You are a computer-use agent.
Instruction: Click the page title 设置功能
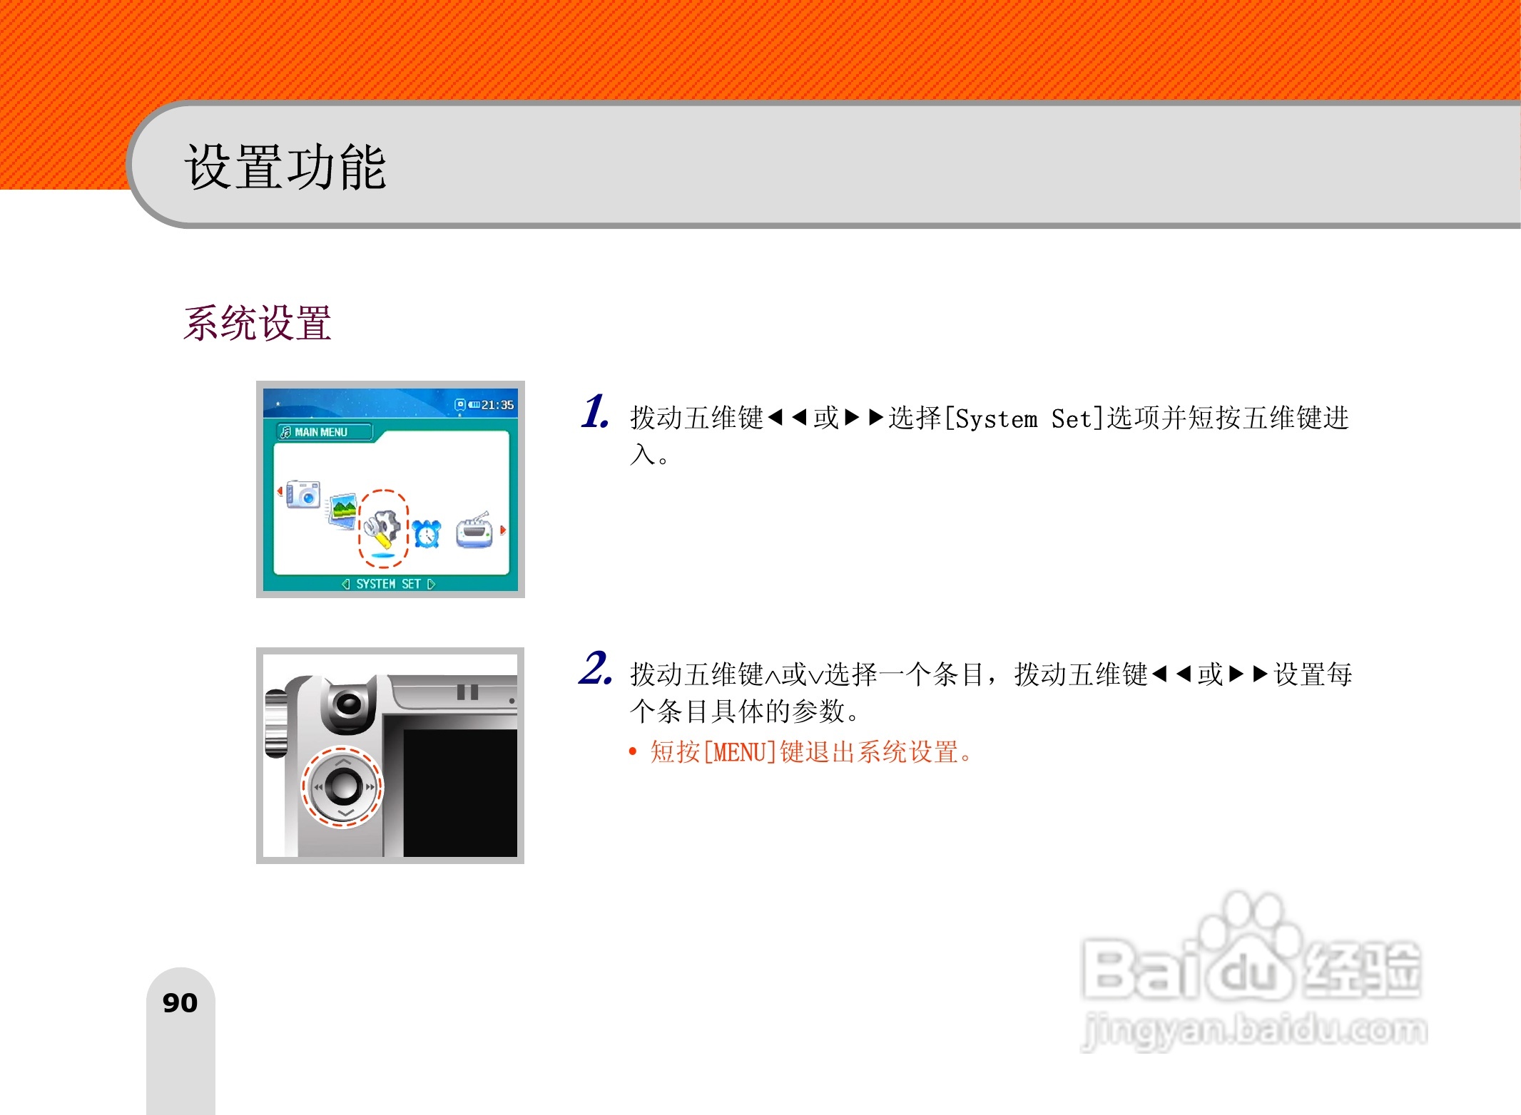[285, 167]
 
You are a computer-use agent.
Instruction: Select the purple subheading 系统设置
[258, 323]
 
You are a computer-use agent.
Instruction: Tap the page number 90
[180, 1003]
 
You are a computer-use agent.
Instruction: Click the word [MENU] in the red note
[739, 752]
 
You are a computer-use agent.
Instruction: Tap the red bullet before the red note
[633, 752]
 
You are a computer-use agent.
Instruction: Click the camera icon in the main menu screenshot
[303, 493]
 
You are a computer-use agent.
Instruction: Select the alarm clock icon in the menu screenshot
[427, 533]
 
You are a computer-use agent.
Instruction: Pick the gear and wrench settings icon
[382, 528]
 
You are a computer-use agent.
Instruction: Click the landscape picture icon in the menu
[343, 510]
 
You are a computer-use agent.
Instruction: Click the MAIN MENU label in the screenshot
[320, 432]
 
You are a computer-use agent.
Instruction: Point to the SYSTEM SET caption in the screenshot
[388, 584]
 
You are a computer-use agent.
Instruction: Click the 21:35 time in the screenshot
[497, 405]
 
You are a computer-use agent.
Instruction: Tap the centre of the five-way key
[342, 786]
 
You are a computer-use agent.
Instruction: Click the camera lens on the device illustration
[348, 705]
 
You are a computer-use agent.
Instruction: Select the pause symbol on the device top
[467, 692]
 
